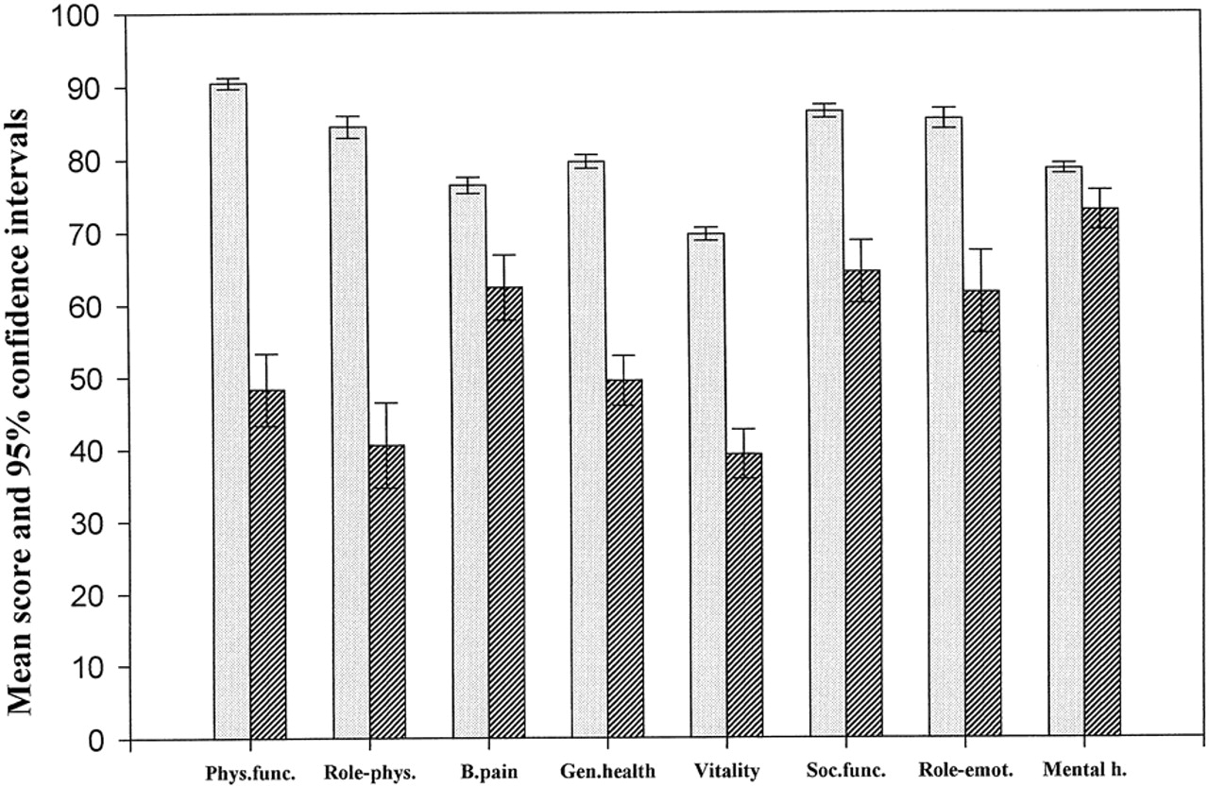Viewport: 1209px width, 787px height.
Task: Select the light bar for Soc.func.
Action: [x=826, y=424]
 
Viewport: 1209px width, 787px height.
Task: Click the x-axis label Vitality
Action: [x=726, y=771]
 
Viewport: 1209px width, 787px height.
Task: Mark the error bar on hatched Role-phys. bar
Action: [x=386, y=445]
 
